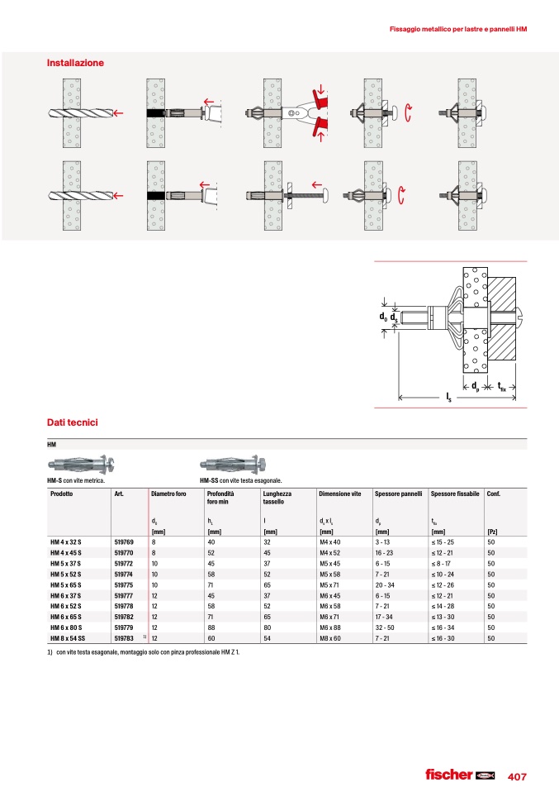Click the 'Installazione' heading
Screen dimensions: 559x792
(75, 63)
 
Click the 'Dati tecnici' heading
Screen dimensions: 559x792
(72, 422)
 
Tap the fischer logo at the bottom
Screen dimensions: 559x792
(460, 775)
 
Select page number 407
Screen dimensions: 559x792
(517, 777)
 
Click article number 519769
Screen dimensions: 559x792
(124, 542)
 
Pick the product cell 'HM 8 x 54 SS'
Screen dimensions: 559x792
(68, 638)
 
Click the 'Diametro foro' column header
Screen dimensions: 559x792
(168, 494)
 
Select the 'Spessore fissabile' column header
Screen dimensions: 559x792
(455, 494)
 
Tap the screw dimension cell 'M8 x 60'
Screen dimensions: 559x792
(329, 638)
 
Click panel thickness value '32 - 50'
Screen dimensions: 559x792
(385, 627)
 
